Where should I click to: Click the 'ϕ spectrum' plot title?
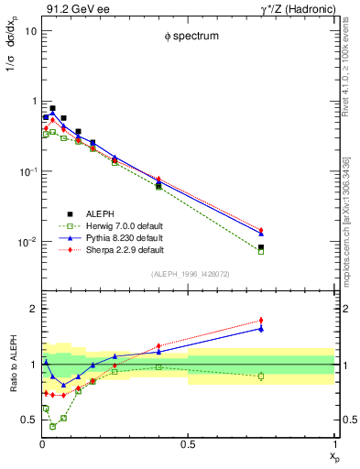click(x=188, y=37)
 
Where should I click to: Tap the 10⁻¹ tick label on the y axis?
click(x=27, y=172)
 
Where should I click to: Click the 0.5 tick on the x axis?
click(x=188, y=444)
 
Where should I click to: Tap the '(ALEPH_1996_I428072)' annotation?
click(x=188, y=274)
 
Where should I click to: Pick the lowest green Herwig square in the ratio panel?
click(x=53, y=426)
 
